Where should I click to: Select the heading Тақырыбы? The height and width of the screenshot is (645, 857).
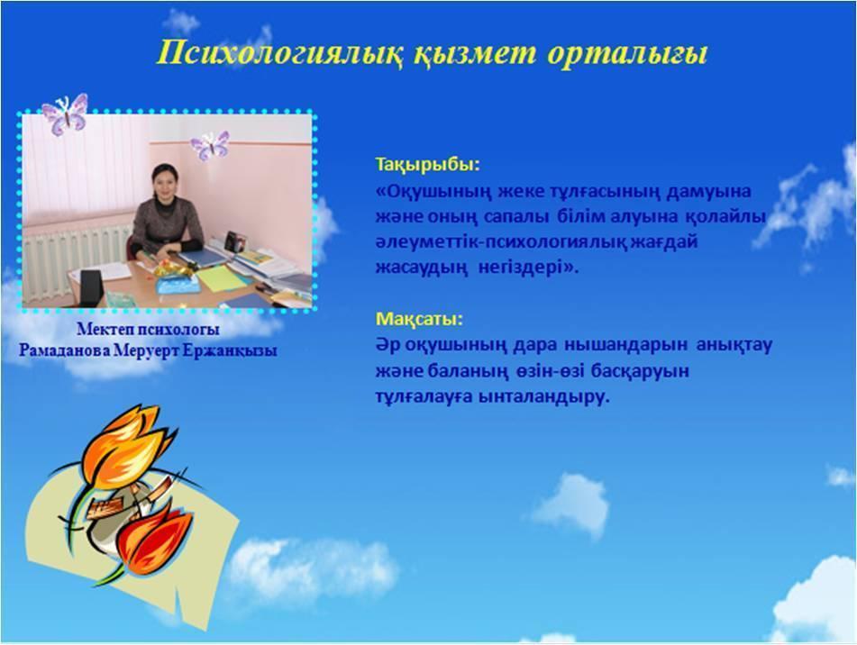427,164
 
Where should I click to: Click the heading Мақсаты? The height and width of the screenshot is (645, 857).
419,319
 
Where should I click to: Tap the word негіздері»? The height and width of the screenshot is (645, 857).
528,268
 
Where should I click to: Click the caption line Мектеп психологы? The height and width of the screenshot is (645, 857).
148,330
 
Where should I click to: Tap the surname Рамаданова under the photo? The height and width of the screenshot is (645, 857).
65,350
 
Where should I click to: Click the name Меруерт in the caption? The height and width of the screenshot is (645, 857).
146,350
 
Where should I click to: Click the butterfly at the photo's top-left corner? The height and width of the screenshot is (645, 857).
65,114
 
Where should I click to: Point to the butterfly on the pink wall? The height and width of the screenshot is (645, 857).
209,145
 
